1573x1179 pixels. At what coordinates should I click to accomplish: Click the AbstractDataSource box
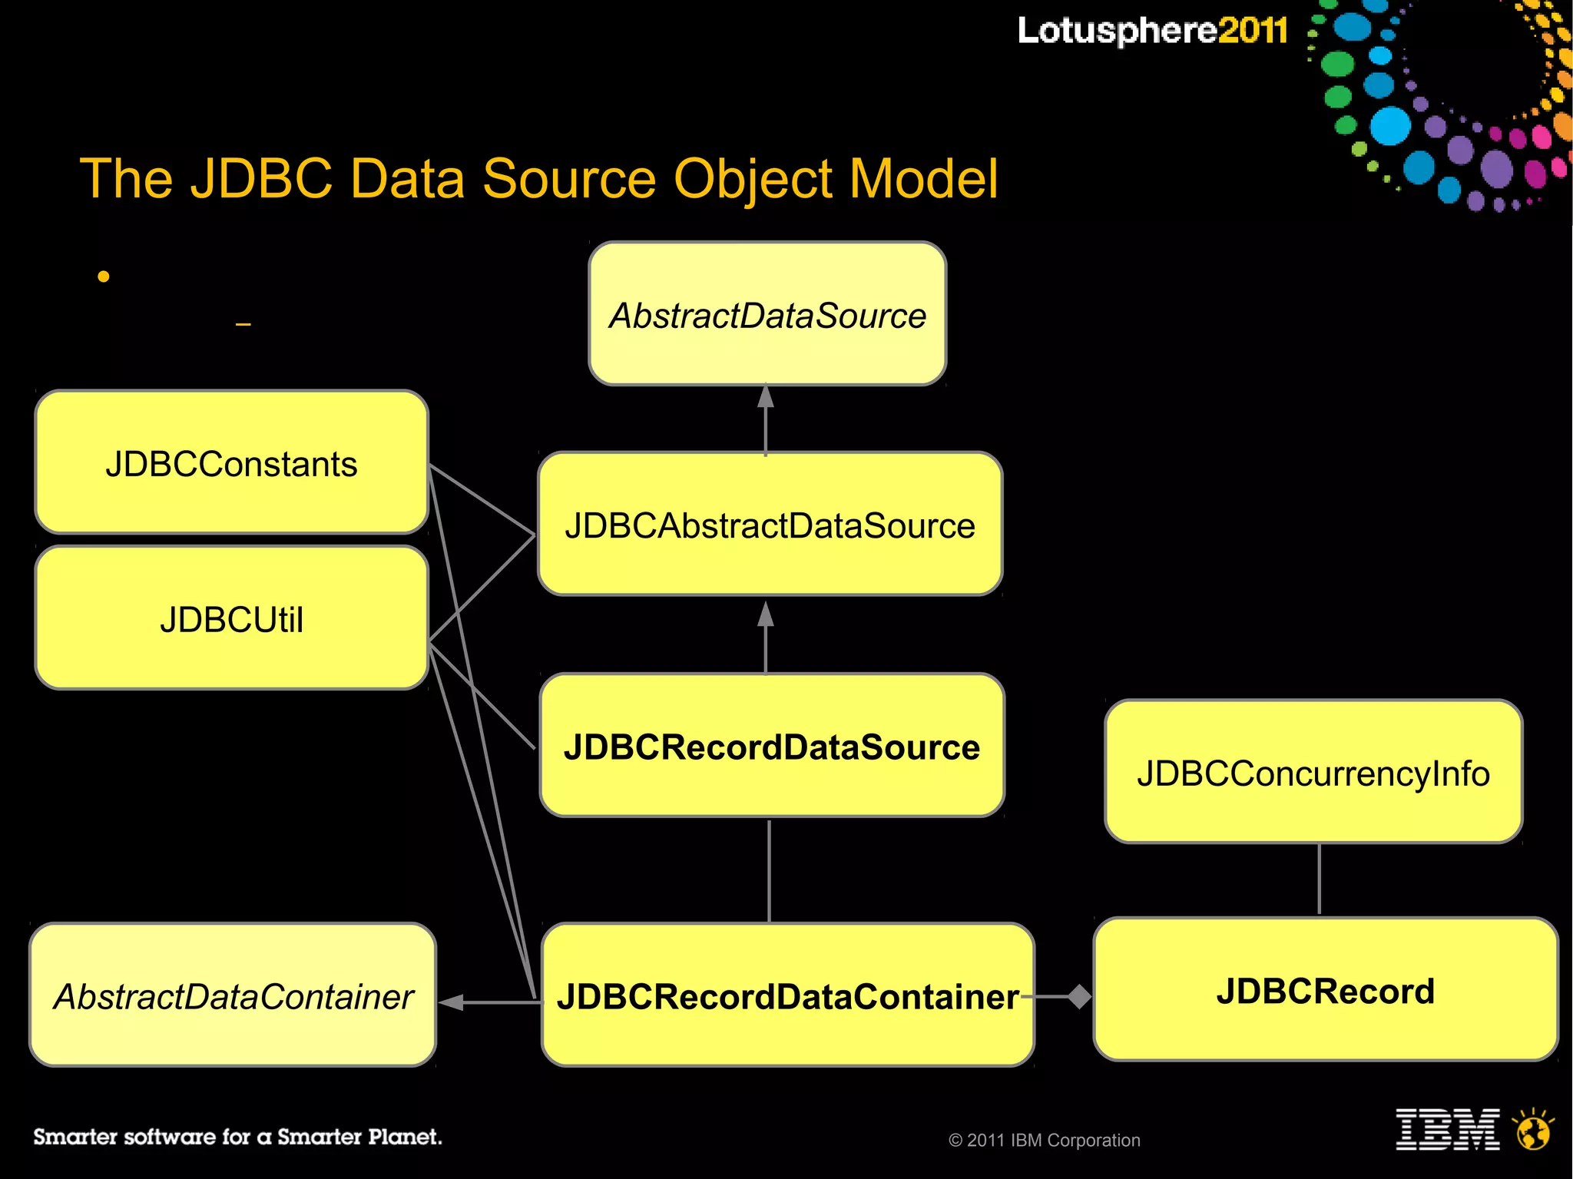(x=767, y=314)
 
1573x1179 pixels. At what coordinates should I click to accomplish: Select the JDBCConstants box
(x=231, y=463)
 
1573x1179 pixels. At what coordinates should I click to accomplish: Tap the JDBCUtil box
(x=231, y=618)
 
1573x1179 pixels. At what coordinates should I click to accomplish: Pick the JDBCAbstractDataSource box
(x=770, y=525)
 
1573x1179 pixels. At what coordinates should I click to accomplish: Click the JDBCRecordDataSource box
(x=772, y=746)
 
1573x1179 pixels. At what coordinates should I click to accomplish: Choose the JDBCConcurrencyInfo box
(x=1313, y=772)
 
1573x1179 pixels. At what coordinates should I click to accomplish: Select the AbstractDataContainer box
(x=233, y=995)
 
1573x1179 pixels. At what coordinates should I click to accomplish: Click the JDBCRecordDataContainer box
(x=787, y=995)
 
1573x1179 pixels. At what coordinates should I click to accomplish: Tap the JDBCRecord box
(x=1326, y=990)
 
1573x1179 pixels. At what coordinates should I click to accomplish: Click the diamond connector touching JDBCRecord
(x=1080, y=996)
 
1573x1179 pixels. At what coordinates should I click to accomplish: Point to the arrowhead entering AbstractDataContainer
(x=452, y=1002)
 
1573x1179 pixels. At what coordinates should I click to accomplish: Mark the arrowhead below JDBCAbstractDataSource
(x=766, y=614)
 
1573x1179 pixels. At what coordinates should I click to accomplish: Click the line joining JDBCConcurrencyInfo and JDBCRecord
(x=1319, y=879)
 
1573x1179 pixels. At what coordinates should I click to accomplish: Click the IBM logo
(x=1447, y=1129)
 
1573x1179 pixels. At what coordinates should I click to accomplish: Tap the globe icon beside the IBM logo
(x=1533, y=1130)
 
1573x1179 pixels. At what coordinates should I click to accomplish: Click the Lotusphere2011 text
(x=1152, y=31)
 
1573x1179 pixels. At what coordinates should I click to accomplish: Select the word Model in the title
(x=923, y=179)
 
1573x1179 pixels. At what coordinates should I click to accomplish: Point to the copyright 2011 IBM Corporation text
(x=1045, y=1141)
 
